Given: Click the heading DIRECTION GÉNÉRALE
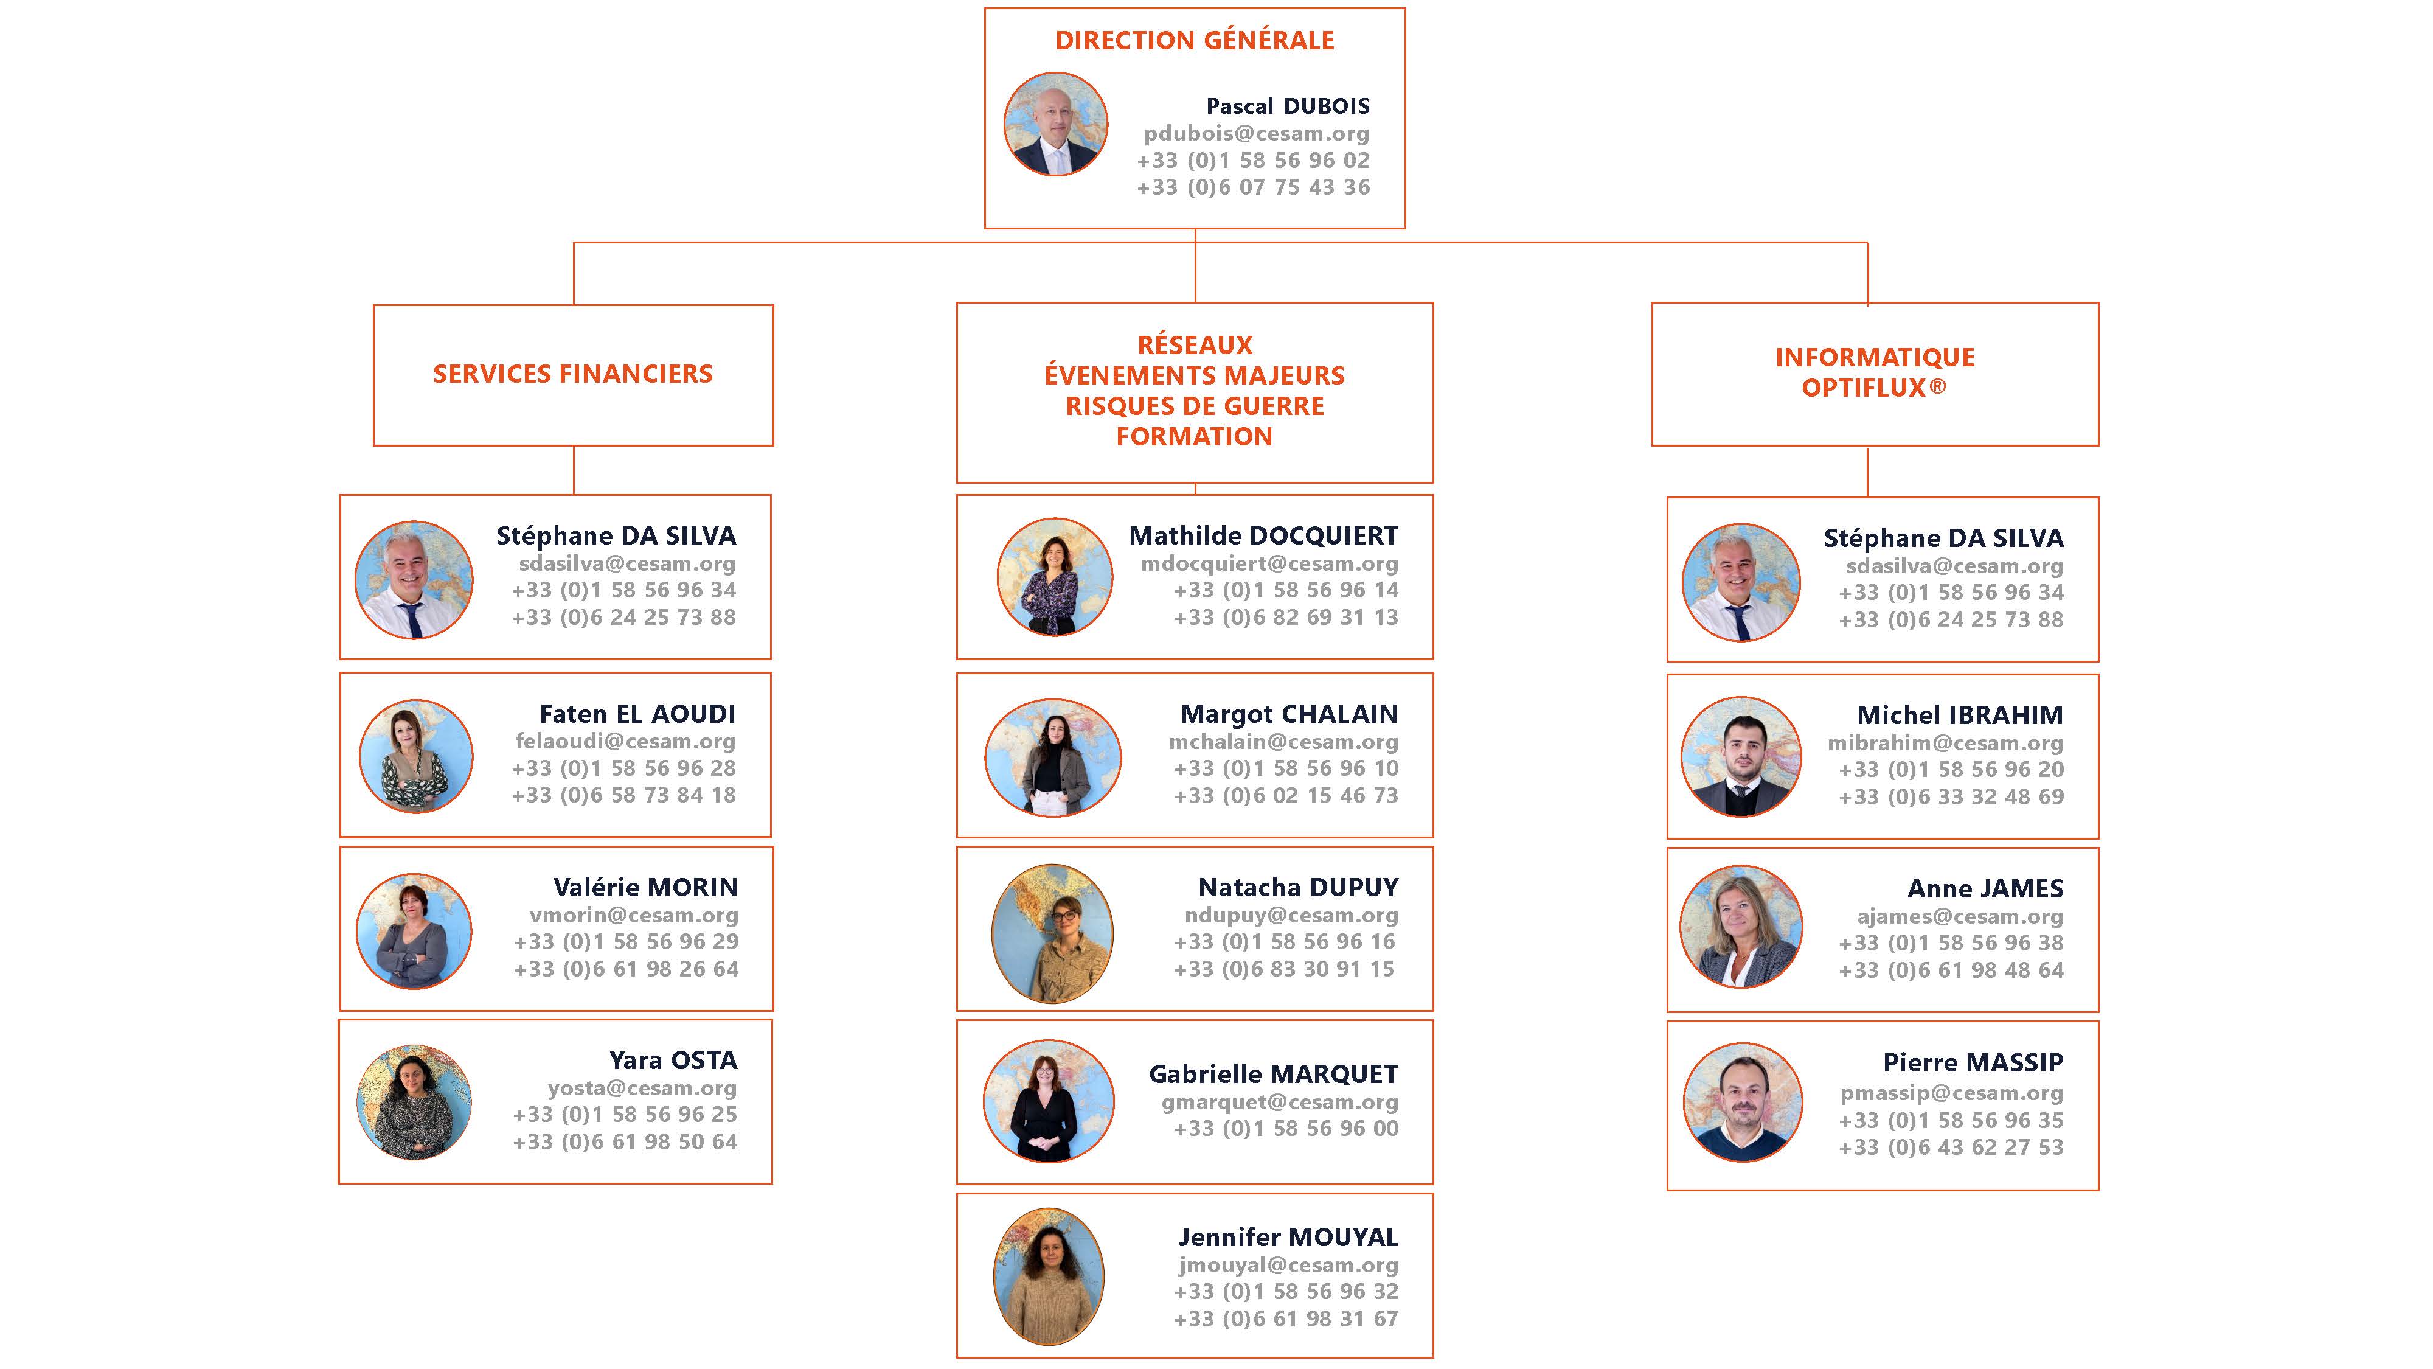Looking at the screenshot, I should [1194, 41].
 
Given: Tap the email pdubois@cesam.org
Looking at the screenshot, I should [1256, 133].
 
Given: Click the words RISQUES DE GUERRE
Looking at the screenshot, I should [1194, 406].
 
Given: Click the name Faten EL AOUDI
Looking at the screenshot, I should [637, 714].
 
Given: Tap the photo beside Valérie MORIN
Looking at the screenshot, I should [414, 931].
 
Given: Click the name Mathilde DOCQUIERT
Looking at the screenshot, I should [1263, 535].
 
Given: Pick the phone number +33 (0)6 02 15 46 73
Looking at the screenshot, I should [1285, 795].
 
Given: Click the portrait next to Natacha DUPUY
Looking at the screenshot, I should [1052, 933].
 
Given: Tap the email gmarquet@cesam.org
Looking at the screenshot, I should [1280, 1102].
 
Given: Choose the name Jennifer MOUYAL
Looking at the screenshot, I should [1287, 1237].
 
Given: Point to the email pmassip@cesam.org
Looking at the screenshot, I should [1951, 1093].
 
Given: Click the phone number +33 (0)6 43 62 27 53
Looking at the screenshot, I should [1951, 1147].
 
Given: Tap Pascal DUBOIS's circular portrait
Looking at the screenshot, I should [1055, 124].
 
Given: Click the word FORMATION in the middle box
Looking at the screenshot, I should [1194, 436].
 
